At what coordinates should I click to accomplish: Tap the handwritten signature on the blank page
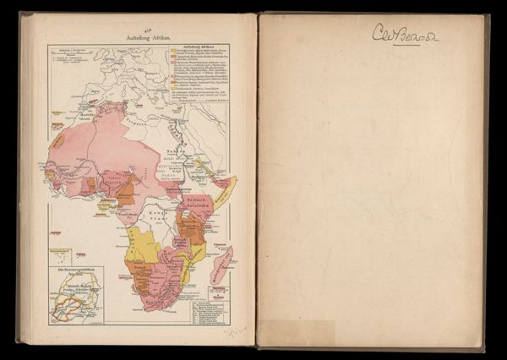click(x=406, y=34)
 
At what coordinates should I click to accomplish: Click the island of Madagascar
click(x=221, y=265)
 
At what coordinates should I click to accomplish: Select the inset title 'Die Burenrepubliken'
click(x=75, y=270)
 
